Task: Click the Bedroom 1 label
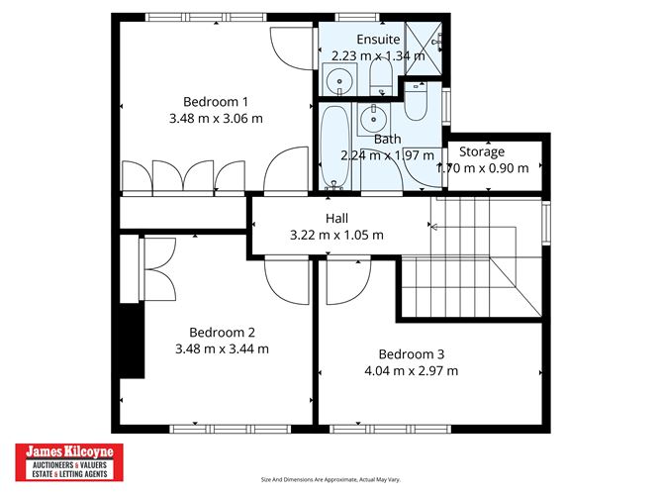(216, 101)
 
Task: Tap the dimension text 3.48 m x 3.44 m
(222, 348)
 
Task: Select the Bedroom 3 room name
(412, 354)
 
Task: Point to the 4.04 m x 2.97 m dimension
(412, 371)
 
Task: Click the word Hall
(336, 218)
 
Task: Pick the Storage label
(481, 151)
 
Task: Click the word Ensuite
(378, 40)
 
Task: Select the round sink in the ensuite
(339, 80)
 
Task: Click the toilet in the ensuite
(380, 75)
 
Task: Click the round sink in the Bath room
(374, 119)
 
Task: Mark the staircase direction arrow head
(432, 227)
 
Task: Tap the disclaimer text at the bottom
(330, 480)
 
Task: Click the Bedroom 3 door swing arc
(346, 282)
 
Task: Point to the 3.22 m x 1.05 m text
(336, 235)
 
